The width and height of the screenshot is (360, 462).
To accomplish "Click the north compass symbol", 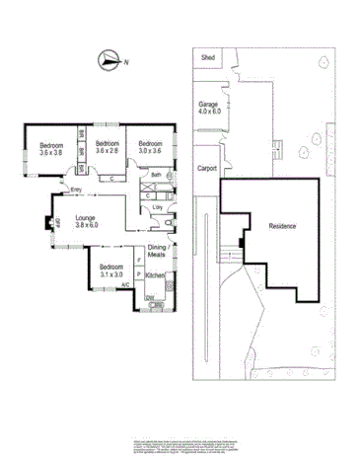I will tap(108, 62).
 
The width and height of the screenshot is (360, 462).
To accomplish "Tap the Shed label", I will tap(208, 58).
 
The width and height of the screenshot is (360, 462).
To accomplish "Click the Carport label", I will tap(206, 168).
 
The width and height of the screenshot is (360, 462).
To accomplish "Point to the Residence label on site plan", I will tap(282, 226).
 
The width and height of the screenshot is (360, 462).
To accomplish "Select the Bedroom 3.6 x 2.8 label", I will tap(107, 147).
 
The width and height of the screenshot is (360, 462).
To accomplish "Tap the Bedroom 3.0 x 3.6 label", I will tap(149, 148).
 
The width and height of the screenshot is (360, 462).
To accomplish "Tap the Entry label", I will tap(76, 194).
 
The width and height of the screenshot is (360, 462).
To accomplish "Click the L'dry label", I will tap(156, 207).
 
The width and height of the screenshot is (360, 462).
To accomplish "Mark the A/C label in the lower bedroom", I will tap(125, 285).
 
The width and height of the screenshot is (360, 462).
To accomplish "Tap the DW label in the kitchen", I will tap(149, 297).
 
